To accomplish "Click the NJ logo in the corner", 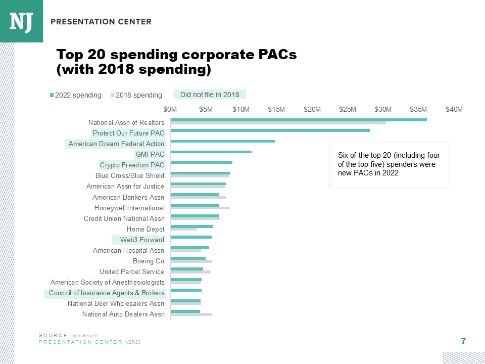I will click(21, 21).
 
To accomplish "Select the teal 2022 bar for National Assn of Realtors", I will click(298, 120).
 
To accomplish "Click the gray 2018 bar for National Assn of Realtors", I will click(278, 123).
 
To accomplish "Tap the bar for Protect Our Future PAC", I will click(270, 130).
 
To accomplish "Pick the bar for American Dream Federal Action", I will click(222, 141).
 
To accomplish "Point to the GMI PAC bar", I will click(211, 152).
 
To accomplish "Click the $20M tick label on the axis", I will click(312, 109).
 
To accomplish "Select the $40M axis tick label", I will click(454, 109).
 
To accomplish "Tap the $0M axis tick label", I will click(170, 109).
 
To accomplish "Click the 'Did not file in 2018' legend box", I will click(210, 95).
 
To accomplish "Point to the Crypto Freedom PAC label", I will click(132, 165).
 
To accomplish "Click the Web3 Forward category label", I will click(142, 240).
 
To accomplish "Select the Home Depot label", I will click(145, 230).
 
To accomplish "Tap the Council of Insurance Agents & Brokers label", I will click(107, 293).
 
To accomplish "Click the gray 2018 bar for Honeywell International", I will click(200, 208).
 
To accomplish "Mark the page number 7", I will click(463, 341).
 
